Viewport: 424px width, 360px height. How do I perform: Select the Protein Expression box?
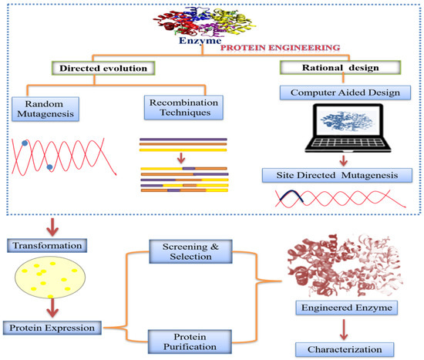57,328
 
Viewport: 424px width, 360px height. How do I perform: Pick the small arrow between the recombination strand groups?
183,159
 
